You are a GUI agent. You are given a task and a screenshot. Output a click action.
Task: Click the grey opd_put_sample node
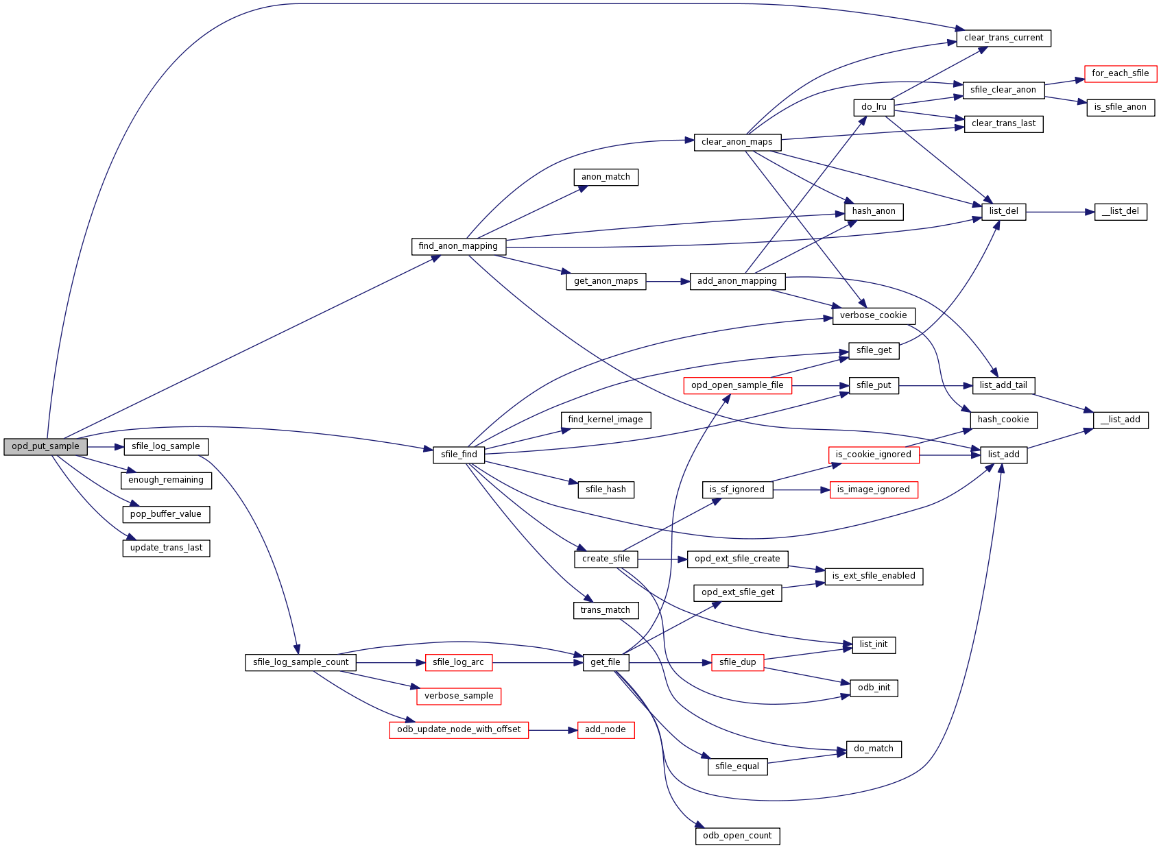[45, 446]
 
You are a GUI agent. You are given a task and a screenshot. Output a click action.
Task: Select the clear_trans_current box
[1003, 38]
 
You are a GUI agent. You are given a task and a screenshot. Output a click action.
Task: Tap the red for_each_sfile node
[1120, 73]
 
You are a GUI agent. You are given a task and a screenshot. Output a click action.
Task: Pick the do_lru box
[874, 107]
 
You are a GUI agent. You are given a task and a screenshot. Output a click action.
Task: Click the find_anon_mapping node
[458, 246]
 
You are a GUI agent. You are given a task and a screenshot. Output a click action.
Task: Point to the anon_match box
[606, 177]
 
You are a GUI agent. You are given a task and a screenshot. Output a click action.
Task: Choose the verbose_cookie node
[873, 315]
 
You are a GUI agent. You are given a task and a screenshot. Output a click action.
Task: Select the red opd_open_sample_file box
[737, 385]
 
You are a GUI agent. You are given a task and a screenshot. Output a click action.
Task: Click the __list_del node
[1120, 211]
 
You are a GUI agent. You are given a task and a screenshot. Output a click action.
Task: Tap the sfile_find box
[459, 455]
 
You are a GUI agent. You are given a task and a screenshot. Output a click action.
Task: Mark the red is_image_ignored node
[873, 489]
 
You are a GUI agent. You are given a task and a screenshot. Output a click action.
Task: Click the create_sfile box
[606, 559]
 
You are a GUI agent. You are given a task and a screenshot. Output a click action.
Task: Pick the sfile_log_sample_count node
[300, 662]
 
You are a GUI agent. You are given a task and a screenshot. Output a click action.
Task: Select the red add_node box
[605, 729]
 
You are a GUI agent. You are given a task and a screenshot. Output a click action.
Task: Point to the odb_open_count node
[737, 836]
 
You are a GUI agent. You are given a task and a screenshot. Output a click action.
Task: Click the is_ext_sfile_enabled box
[873, 576]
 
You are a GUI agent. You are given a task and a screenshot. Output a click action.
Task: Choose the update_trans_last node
[166, 548]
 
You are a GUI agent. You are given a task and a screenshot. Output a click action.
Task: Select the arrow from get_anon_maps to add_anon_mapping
[667, 281]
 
